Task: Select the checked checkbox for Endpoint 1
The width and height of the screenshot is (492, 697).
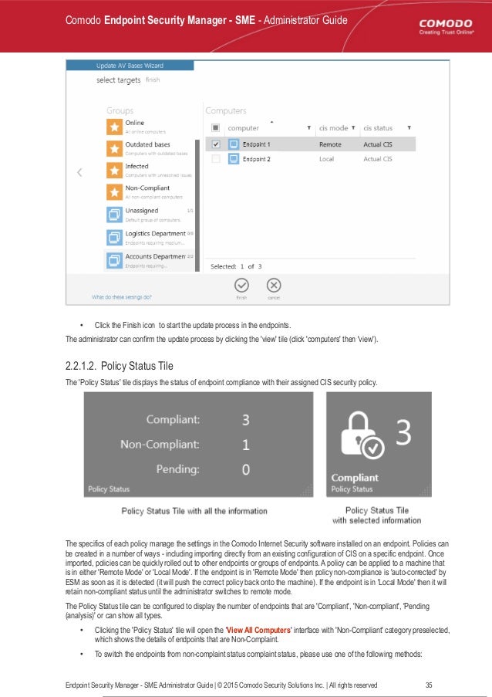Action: point(216,144)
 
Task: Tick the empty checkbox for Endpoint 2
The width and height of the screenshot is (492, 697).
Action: point(216,159)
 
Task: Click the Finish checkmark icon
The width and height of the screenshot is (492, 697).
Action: point(241,285)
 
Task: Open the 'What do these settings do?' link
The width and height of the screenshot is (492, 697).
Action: point(122,296)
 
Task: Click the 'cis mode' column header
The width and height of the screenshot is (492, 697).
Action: point(333,127)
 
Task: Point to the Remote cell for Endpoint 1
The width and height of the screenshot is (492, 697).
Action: point(330,144)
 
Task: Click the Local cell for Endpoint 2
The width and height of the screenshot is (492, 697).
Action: point(327,159)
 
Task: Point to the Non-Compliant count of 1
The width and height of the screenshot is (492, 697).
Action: point(245,444)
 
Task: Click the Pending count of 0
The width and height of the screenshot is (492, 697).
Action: point(245,469)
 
